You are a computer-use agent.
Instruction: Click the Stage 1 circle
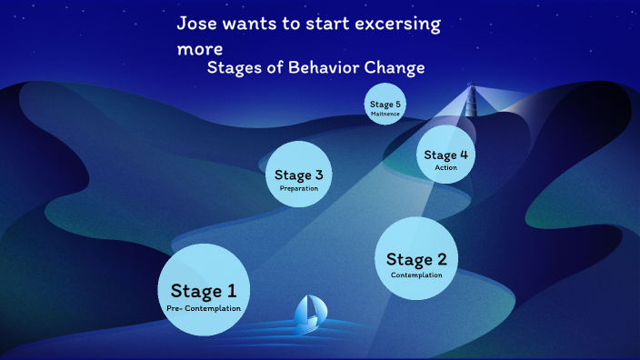tap(204, 289)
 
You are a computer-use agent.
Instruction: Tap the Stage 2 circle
tap(415, 258)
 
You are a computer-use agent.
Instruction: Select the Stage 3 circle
tap(298, 174)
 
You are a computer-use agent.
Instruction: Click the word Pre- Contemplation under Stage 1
tap(204, 308)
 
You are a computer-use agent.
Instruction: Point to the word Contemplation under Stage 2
tap(416, 275)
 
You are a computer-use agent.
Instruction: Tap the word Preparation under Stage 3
tap(298, 188)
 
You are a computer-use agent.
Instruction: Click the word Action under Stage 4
tap(445, 167)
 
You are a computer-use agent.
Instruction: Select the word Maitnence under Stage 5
tap(385, 114)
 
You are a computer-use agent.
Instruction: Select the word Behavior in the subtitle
tap(314, 67)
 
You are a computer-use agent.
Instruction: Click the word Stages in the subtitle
tap(234, 68)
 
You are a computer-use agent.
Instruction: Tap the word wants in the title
tap(251, 25)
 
